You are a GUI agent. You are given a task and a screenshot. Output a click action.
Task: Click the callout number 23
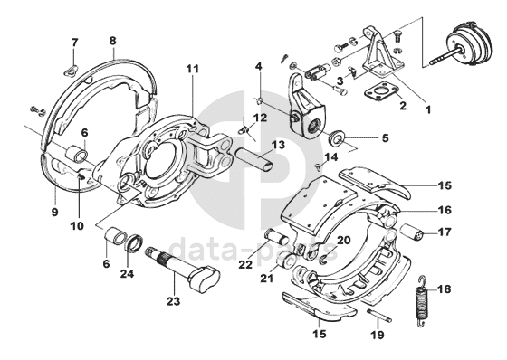173,301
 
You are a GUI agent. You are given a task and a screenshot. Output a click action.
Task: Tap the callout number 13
279,145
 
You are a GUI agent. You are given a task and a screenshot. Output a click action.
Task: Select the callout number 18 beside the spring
445,289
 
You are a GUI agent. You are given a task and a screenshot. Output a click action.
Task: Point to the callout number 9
54,212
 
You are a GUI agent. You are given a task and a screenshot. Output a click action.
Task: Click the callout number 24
127,274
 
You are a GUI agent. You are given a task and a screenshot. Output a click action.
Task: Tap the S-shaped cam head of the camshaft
206,277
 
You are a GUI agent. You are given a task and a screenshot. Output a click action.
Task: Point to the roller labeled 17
412,232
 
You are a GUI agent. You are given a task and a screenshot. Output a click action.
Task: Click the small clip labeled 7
72,70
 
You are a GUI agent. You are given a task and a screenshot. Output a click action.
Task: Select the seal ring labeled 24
133,242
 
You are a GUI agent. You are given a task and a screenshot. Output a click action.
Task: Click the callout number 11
192,69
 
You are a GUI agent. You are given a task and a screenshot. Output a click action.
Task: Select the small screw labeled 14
319,166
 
